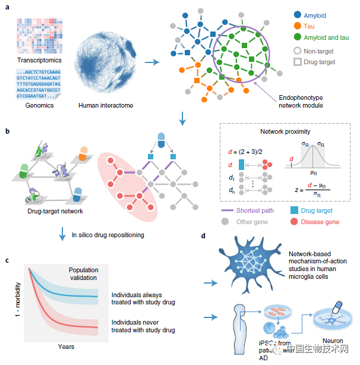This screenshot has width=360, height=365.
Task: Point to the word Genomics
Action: [38, 105]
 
